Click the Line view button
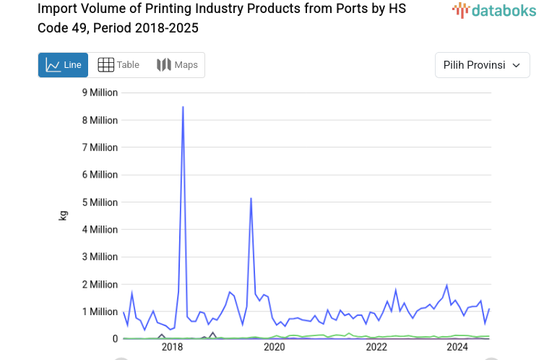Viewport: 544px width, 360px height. point(64,65)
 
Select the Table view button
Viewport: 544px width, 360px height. point(118,65)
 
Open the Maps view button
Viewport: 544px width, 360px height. point(177,65)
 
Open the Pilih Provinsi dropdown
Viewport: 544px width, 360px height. point(482,65)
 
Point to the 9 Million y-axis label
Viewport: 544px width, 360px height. point(100,93)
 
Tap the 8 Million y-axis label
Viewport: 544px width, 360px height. point(100,120)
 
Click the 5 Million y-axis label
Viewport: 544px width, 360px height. point(100,202)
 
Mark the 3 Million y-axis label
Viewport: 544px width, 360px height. point(100,257)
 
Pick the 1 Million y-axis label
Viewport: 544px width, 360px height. point(100,312)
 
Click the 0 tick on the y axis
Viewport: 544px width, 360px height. point(114,338)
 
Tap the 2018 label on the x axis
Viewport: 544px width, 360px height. point(172,348)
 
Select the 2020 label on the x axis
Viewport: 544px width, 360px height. point(275,348)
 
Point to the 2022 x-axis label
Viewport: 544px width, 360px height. point(377,348)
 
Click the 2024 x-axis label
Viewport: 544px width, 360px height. point(457,348)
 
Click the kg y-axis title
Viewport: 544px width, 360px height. point(63,215)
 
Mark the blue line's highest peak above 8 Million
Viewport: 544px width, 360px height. point(183,107)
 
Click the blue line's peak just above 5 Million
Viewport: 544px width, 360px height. point(251,198)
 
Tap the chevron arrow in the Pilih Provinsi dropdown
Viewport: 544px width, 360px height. point(516,65)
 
